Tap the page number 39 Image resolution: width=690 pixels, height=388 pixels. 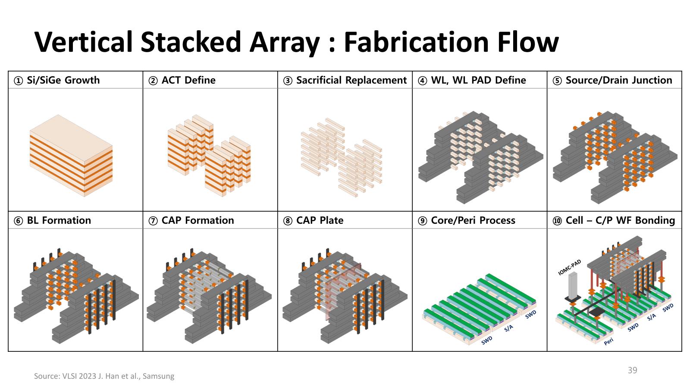coord(632,370)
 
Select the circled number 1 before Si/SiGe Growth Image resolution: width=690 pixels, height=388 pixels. coord(18,81)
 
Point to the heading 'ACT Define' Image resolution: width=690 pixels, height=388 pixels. coord(188,80)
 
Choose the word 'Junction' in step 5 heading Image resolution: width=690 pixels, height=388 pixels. coord(652,80)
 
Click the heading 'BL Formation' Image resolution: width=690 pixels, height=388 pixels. coord(59,220)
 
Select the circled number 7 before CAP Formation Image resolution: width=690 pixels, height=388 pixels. coord(153,221)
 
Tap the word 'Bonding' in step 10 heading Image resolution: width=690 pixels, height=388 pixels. coord(655,220)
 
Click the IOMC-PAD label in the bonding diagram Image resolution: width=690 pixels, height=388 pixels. coord(570,267)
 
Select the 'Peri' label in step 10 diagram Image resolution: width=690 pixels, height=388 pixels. coord(608,341)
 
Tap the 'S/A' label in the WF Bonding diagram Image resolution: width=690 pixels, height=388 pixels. coord(651,317)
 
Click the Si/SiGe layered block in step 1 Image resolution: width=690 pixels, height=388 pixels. coord(71,155)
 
